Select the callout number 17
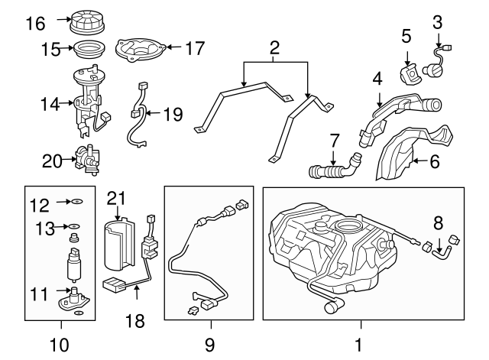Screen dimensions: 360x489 (195, 48)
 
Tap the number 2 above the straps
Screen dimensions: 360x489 (274, 50)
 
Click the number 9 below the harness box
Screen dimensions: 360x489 (209, 345)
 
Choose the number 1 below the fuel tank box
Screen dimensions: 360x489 (359, 345)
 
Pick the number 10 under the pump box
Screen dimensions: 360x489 (58, 345)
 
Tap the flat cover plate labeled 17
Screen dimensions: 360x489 (141, 50)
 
